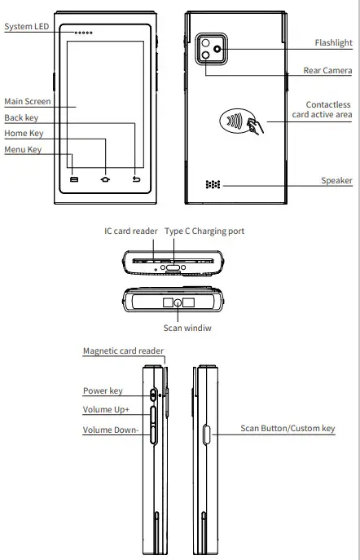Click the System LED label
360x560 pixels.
(27, 27)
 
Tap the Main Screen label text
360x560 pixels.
(27, 102)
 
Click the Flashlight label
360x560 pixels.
(333, 43)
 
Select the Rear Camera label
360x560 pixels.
(327, 71)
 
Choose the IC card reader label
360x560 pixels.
(130, 231)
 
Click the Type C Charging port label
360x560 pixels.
(204, 231)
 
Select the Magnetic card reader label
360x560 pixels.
(123, 351)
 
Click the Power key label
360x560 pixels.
(103, 390)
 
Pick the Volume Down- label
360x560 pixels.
(111, 430)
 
